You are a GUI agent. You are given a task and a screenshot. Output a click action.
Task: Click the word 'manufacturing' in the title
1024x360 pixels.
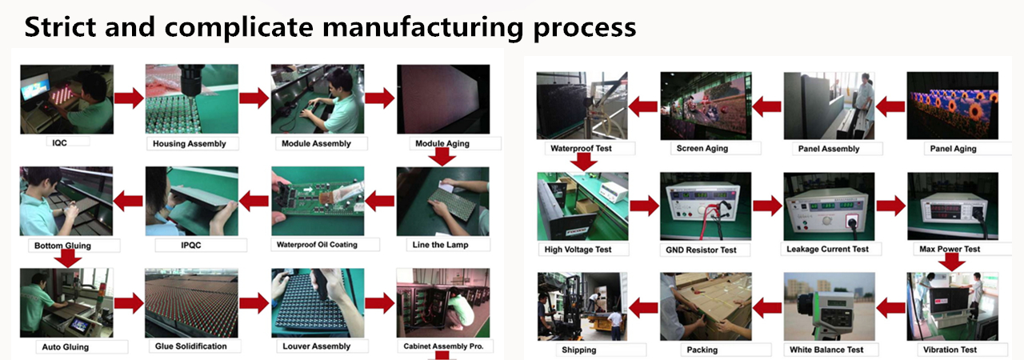point(422,27)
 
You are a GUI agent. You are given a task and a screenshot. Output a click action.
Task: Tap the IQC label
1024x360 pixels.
point(59,143)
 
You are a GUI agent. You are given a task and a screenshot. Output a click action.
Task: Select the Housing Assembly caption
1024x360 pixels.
point(190,144)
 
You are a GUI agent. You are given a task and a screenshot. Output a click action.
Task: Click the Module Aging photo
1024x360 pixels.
point(443,99)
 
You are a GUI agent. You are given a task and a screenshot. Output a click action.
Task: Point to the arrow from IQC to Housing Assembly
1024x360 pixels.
point(129,98)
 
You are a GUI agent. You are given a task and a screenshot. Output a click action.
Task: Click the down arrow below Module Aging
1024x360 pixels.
point(442,158)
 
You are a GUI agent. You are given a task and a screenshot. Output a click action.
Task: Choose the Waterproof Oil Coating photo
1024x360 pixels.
point(318,201)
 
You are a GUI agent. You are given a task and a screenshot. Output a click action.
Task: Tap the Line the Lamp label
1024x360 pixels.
point(440,245)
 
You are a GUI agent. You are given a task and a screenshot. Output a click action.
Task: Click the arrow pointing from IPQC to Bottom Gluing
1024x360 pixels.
point(129,201)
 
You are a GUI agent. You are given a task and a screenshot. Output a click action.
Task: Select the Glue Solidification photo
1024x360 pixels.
point(191,303)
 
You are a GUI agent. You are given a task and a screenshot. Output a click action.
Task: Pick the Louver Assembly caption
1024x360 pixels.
point(316,346)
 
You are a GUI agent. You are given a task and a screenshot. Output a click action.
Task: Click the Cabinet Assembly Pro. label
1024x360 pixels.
point(443,346)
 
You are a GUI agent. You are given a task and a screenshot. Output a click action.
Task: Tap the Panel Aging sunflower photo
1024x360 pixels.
point(952,106)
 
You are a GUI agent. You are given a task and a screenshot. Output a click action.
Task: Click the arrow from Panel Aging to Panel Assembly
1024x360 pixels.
point(890,107)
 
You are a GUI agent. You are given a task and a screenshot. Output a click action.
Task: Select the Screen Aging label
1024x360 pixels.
point(702,149)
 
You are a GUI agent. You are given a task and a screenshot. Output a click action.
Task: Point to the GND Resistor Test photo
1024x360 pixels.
point(706,206)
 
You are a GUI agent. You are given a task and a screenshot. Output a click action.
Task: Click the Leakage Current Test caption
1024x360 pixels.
point(827,249)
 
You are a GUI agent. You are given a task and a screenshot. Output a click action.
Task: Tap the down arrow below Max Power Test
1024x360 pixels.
point(951,262)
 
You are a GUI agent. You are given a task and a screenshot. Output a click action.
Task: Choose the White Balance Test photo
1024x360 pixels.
point(830,306)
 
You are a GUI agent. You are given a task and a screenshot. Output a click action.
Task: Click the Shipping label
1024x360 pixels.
point(578,350)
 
